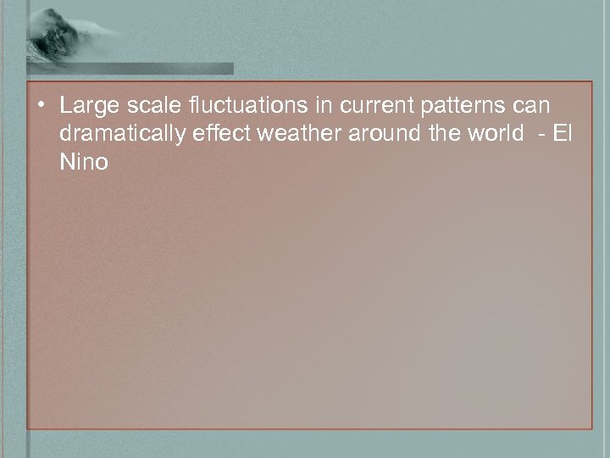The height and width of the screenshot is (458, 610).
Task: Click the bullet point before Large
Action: tap(42, 107)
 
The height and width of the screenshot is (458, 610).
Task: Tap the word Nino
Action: tap(84, 162)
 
